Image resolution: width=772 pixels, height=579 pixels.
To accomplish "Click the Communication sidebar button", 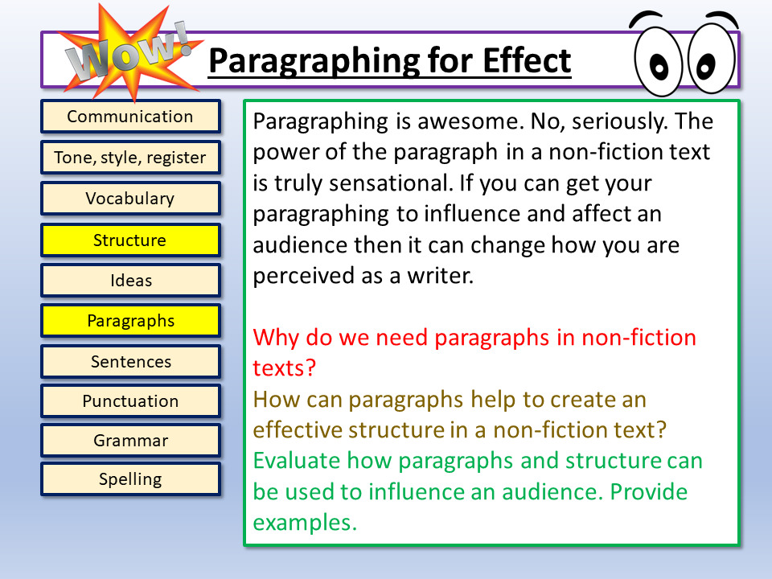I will (130, 117).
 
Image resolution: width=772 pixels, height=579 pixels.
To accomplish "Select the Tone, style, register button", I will (130, 158).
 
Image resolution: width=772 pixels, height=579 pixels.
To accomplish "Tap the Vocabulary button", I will (130, 199).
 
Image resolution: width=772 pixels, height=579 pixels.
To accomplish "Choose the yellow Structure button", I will (130, 240).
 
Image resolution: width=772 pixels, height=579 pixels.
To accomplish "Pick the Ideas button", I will (130, 281).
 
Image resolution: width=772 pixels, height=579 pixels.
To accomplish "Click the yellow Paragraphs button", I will (130, 321).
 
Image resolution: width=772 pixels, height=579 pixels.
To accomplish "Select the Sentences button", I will (130, 362).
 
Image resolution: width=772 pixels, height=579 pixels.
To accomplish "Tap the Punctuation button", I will (130, 401).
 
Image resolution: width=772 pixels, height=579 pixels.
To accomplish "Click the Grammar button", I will (130, 441).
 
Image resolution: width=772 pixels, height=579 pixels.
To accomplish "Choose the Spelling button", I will (130, 479).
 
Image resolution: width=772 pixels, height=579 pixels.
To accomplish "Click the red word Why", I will (275, 337).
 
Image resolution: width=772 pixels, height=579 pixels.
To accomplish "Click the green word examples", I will (303, 522).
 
